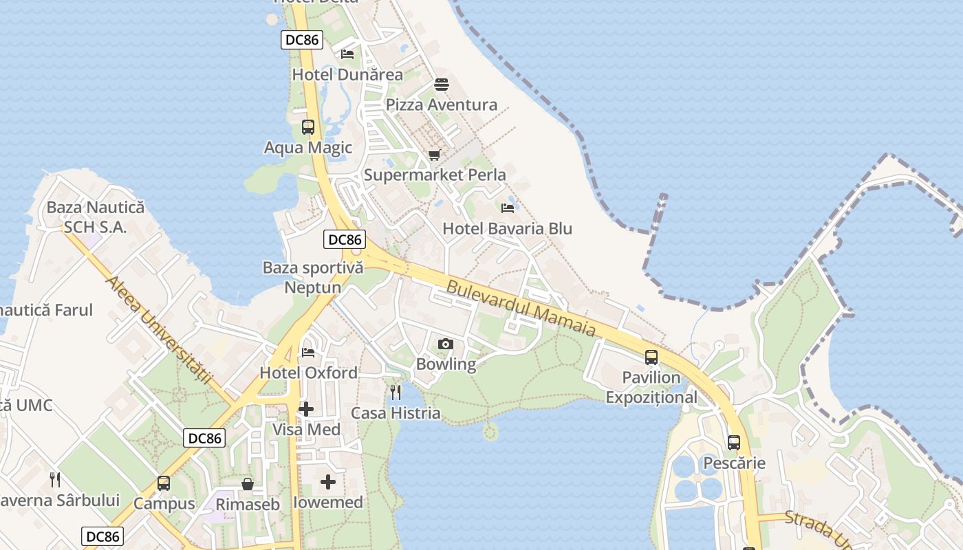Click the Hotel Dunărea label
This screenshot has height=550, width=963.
point(347,74)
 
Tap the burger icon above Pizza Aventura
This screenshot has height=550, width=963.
point(441,85)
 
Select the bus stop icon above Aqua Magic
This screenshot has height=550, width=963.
point(307,127)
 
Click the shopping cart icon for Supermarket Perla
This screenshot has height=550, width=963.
point(434,155)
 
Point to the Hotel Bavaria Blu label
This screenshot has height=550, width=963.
point(507,228)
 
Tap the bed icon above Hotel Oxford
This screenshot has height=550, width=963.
point(308,353)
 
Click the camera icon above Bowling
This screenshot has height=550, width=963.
point(445,344)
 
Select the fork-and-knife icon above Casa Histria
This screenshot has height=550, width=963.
point(396,393)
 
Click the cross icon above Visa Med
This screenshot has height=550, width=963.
point(306,410)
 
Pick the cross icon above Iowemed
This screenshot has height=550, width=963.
point(328,482)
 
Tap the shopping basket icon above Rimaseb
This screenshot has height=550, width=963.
point(248,485)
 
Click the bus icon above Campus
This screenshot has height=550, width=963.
point(164,483)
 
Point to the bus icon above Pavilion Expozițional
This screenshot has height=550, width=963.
point(651,357)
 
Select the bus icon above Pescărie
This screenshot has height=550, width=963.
point(734,443)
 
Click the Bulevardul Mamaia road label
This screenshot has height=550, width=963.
point(521,308)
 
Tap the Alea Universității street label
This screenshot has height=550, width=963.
point(158,331)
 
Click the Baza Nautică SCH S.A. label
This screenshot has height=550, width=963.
point(95,217)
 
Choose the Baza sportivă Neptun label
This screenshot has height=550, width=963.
point(313,277)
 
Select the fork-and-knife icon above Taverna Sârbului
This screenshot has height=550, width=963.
point(55,479)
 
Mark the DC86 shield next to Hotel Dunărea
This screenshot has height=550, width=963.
point(302,40)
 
